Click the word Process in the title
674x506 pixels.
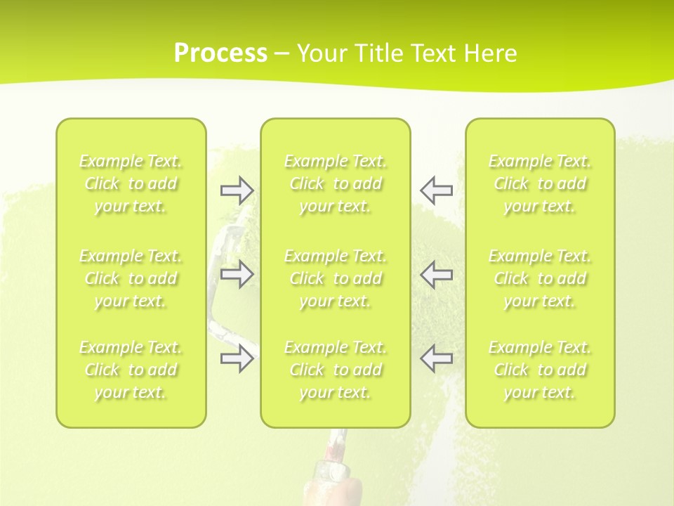(x=220, y=53)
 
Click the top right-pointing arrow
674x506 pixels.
(x=237, y=190)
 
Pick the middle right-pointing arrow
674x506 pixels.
(x=237, y=273)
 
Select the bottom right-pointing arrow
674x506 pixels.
(x=237, y=358)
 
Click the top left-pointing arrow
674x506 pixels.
(x=436, y=190)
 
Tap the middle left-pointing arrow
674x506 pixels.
(x=436, y=273)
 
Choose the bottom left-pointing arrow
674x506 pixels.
(x=436, y=358)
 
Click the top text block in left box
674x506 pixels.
(x=131, y=183)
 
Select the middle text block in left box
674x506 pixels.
(x=131, y=278)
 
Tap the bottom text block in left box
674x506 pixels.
(x=131, y=370)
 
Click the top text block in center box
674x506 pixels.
(x=336, y=183)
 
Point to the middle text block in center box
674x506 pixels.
(x=336, y=278)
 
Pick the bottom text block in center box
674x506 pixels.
(x=336, y=370)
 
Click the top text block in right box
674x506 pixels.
(x=540, y=183)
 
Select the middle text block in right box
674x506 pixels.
(x=540, y=278)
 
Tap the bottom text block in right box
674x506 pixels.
(x=540, y=370)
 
